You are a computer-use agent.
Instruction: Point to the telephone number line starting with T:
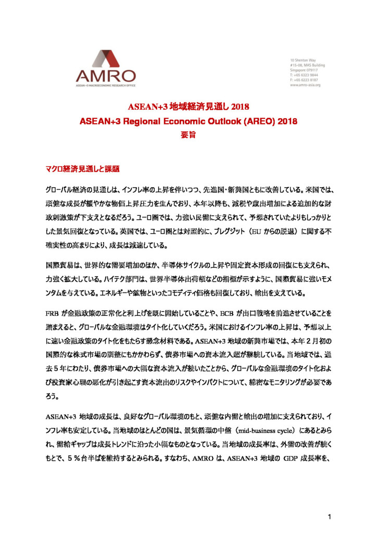pyautogui.click(x=305, y=75)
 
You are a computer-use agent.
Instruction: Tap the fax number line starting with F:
pyautogui.click(x=305, y=80)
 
